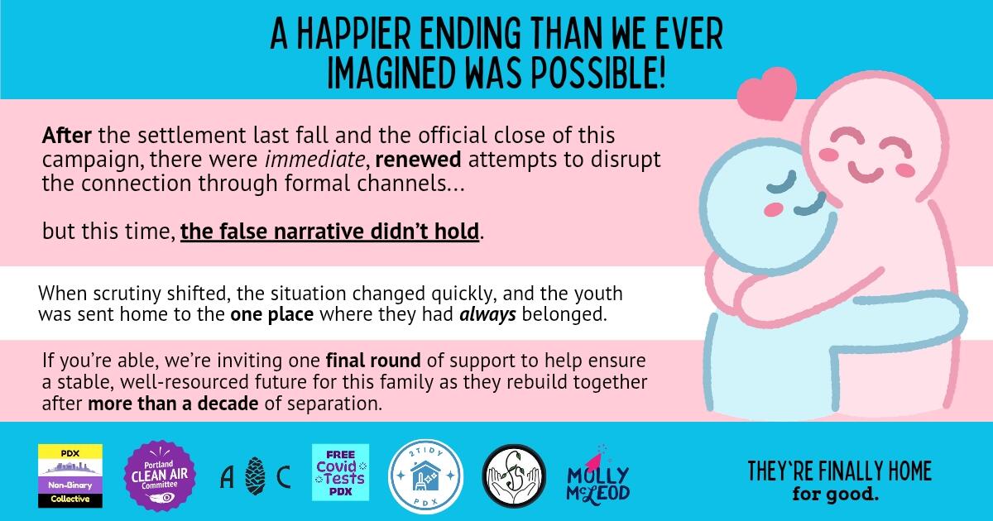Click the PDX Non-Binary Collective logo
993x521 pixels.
(x=70, y=476)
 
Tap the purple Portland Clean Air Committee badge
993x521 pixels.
(x=158, y=474)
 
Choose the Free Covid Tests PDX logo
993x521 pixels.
(x=340, y=472)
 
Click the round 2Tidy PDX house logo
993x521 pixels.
(x=420, y=474)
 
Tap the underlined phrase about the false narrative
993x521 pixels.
(x=330, y=231)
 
